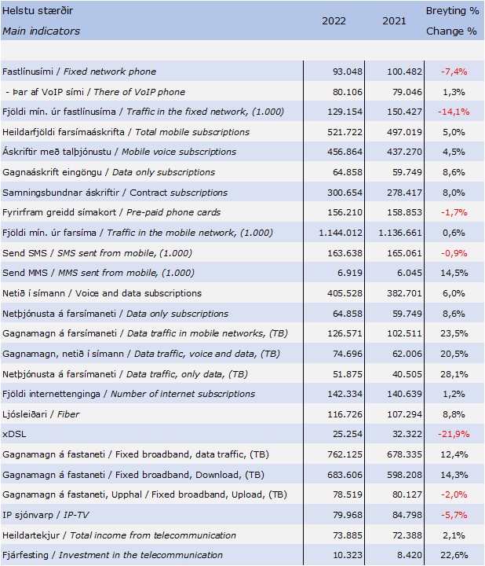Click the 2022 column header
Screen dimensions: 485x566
click(334, 21)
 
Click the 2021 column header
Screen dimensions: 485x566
click(394, 21)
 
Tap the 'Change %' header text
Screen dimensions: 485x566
click(451, 31)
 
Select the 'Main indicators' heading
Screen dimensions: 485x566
click(41, 31)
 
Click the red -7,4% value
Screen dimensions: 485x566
click(454, 72)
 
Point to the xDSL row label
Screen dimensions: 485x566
click(14, 434)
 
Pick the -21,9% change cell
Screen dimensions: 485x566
click(454, 434)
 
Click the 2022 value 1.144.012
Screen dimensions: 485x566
click(340, 233)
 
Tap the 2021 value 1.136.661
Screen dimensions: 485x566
click(400, 233)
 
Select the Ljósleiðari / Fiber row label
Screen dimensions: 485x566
click(41, 414)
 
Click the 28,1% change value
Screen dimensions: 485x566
click(454, 374)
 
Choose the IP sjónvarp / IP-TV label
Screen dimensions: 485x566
click(46, 515)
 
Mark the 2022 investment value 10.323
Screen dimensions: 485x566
click(348, 555)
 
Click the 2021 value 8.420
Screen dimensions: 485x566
click(410, 555)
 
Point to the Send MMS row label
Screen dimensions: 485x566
click(98, 273)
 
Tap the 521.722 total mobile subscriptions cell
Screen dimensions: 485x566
click(345, 132)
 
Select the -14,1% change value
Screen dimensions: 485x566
click(454, 112)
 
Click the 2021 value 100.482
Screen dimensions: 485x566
click(404, 72)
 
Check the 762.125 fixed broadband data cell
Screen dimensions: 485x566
click(345, 454)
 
